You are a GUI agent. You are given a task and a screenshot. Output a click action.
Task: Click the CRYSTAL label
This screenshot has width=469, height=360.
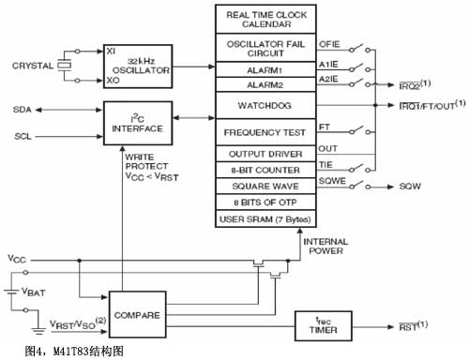pyautogui.click(x=32, y=66)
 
